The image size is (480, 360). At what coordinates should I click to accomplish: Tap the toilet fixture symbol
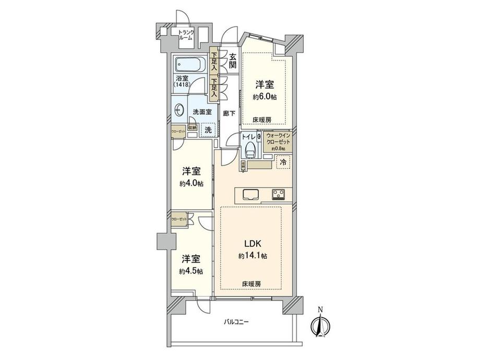pos(249,146)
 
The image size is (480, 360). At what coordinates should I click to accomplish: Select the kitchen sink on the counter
pos(250,194)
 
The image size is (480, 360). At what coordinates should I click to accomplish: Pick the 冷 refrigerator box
pos(283,162)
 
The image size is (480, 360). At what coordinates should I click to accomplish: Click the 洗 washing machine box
pos(207,129)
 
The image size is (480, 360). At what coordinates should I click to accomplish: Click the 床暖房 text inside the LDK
pos(251,283)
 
